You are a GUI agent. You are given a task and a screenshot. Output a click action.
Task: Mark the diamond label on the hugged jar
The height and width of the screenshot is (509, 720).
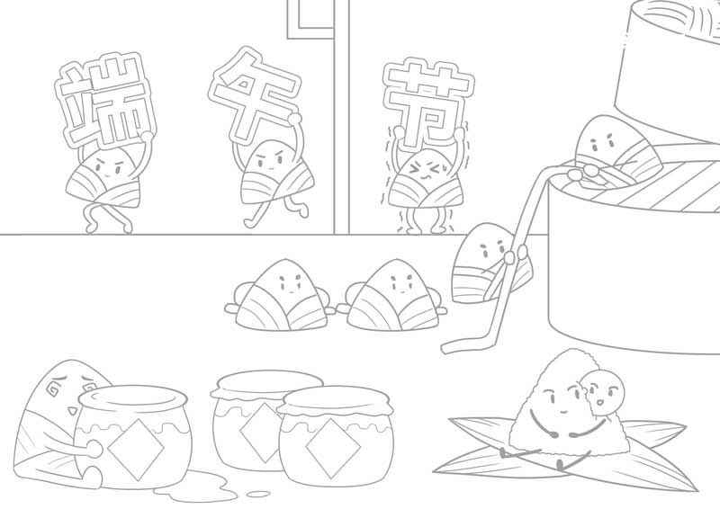coord(134,444)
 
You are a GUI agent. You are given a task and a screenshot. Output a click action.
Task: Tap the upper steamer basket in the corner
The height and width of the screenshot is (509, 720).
coord(670,63)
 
